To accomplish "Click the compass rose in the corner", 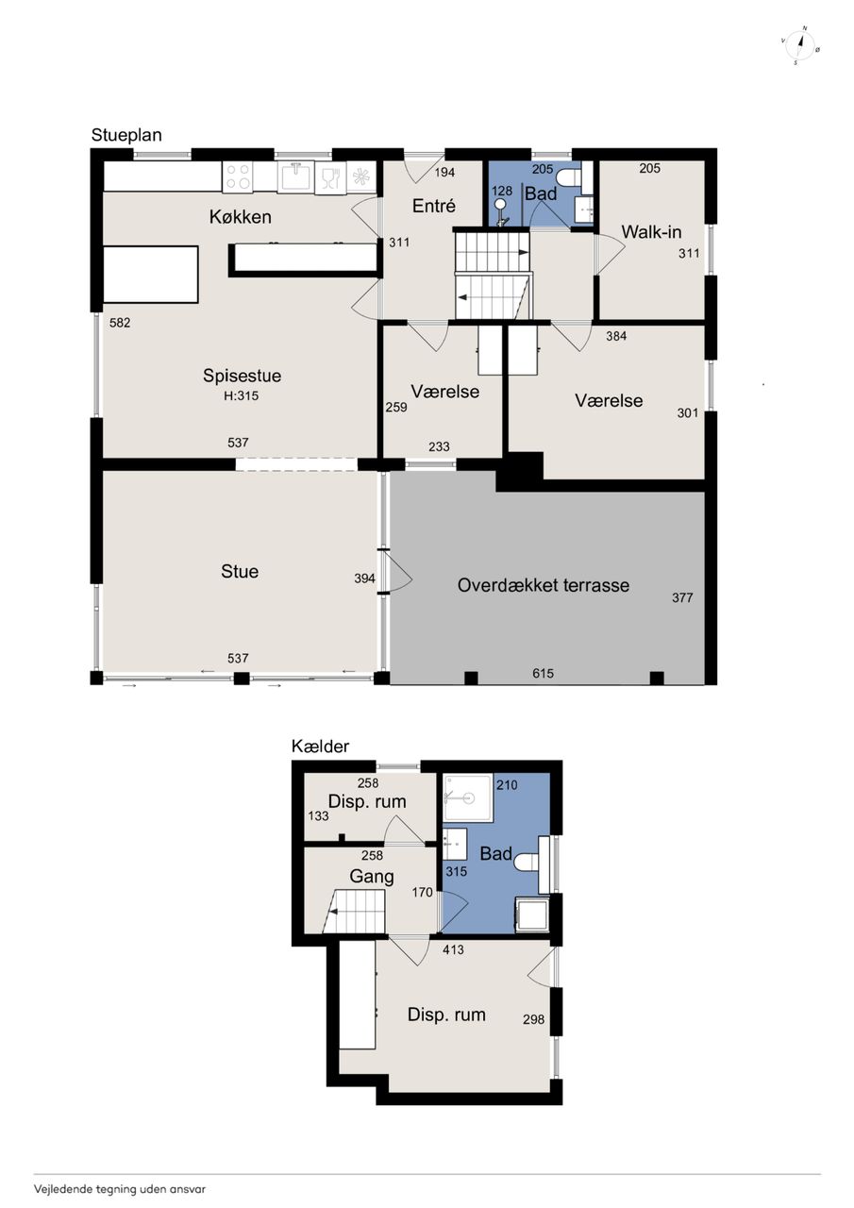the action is coord(800,45).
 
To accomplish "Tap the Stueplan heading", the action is coord(126,135).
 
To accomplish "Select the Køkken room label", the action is coord(241,217).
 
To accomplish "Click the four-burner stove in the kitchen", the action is coord(238,176).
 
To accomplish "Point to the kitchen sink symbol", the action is coord(295,176).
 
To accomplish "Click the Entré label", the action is coord(434,206).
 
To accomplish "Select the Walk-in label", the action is coord(651,232).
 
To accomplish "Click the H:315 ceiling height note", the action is coord(241,395).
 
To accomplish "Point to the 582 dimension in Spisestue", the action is coord(120,323).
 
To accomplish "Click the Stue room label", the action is coord(240,571).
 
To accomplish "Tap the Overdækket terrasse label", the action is coord(544,585).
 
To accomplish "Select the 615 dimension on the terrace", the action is coord(543,673).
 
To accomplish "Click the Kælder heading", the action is coord(320,747).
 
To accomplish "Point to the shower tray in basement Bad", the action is coord(467,797).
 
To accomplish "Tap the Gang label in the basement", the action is coord(372,877).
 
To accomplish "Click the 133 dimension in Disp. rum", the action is coord(318,816).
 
